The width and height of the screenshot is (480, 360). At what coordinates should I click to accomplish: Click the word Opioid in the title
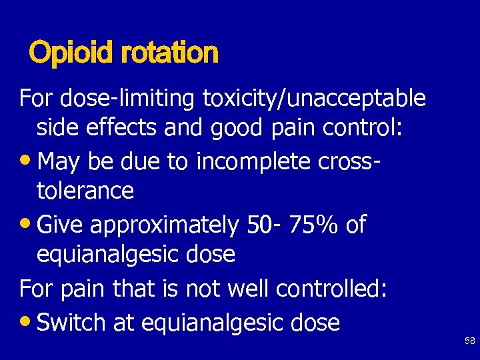click(x=73, y=53)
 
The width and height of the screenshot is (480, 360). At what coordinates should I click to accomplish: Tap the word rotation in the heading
click(x=170, y=53)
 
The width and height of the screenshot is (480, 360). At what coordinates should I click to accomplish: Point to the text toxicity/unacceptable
click(x=313, y=99)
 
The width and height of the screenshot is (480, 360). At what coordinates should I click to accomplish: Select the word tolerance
click(x=85, y=191)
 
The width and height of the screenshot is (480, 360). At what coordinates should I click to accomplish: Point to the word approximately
click(x=164, y=225)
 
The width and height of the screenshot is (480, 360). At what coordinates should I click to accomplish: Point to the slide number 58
click(x=470, y=341)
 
